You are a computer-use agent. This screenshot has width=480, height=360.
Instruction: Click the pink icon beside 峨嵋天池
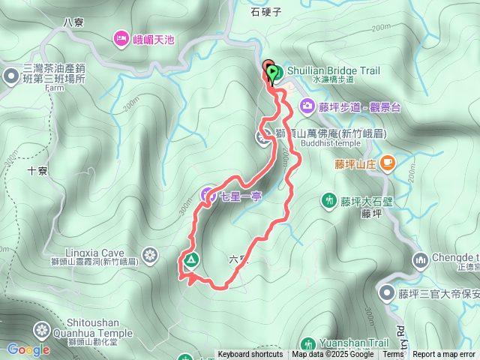(120, 38)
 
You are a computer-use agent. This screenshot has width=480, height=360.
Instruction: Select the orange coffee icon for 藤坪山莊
(388, 161)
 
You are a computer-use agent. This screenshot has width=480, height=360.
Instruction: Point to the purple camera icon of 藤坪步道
(307, 106)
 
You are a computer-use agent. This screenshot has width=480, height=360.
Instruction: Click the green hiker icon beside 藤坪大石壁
(328, 200)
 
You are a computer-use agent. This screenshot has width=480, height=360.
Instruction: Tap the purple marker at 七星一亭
(207, 196)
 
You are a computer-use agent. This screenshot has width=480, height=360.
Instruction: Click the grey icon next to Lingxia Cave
(150, 256)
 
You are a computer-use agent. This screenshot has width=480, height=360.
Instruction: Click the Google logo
(28, 349)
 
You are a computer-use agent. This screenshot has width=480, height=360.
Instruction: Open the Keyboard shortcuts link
(250, 355)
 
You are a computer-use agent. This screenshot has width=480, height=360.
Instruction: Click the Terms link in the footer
(393, 355)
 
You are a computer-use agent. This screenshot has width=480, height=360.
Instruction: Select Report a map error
(443, 355)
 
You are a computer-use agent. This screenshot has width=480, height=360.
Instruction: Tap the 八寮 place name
(73, 22)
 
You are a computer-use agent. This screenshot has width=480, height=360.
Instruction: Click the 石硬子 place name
(266, 12)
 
